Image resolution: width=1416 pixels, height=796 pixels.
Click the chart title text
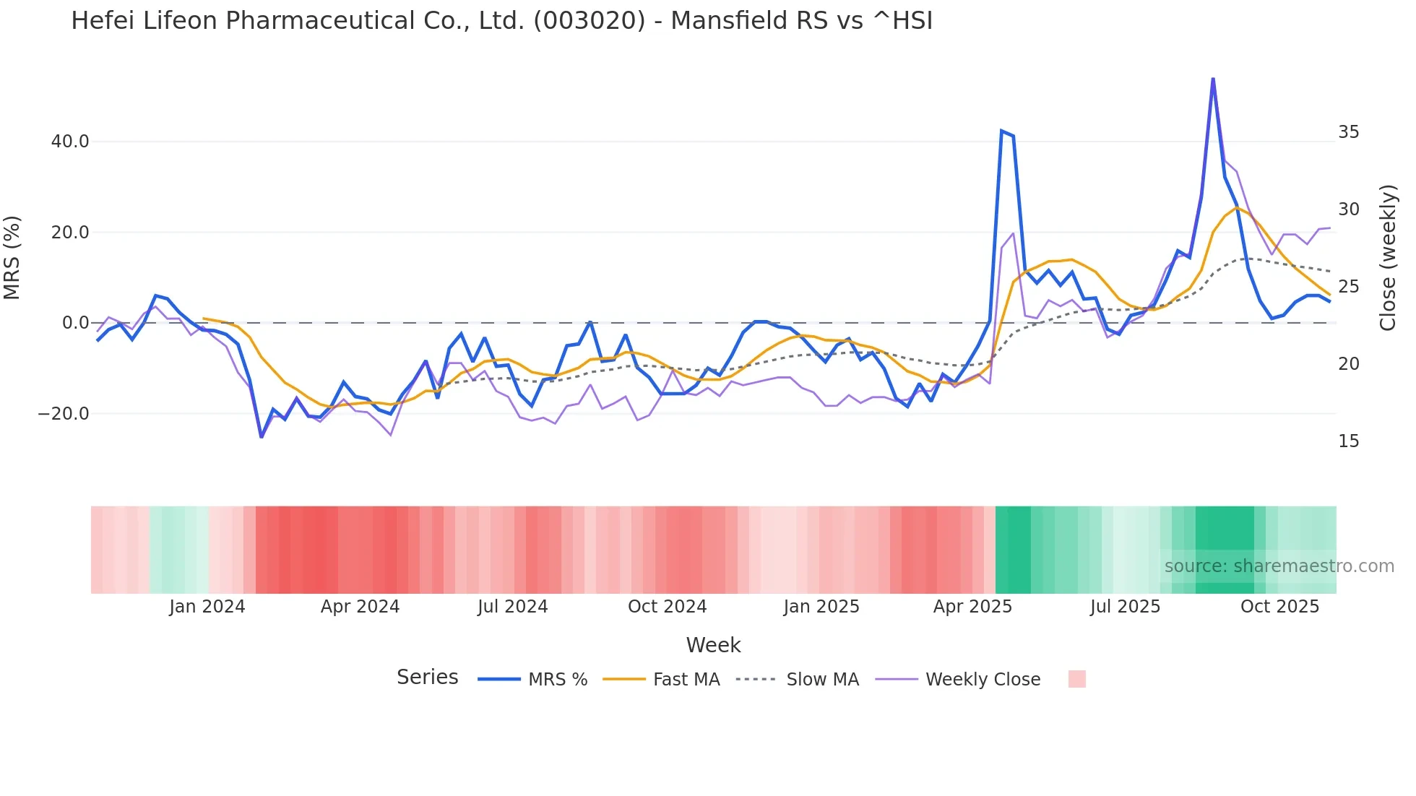point(501,21)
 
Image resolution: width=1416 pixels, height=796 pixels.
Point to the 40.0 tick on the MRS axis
point(70,142)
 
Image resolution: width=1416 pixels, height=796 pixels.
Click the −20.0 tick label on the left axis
point(64,414)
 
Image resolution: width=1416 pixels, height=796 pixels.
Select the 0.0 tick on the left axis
point(75,323)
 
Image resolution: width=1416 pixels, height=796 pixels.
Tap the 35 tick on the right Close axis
point(1348,132)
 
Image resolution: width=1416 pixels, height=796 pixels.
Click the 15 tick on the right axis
point(1348,441)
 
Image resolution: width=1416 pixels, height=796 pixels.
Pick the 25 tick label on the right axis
point(1348,287)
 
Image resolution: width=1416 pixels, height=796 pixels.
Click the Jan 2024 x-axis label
point(207,607)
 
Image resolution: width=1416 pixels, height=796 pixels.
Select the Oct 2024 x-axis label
point(667,607)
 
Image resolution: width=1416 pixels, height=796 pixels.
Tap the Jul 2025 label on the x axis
point(1125,607)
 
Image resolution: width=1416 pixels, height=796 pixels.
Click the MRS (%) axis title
point(12,258)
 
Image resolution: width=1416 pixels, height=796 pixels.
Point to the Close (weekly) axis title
point(1388,258)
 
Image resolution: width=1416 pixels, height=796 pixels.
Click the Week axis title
point(713,645)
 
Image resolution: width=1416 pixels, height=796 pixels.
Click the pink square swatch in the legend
point(1076,679)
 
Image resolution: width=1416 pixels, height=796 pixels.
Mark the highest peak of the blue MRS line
point(1213,79)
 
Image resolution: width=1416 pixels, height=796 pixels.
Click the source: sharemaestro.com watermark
point(1279,566)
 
